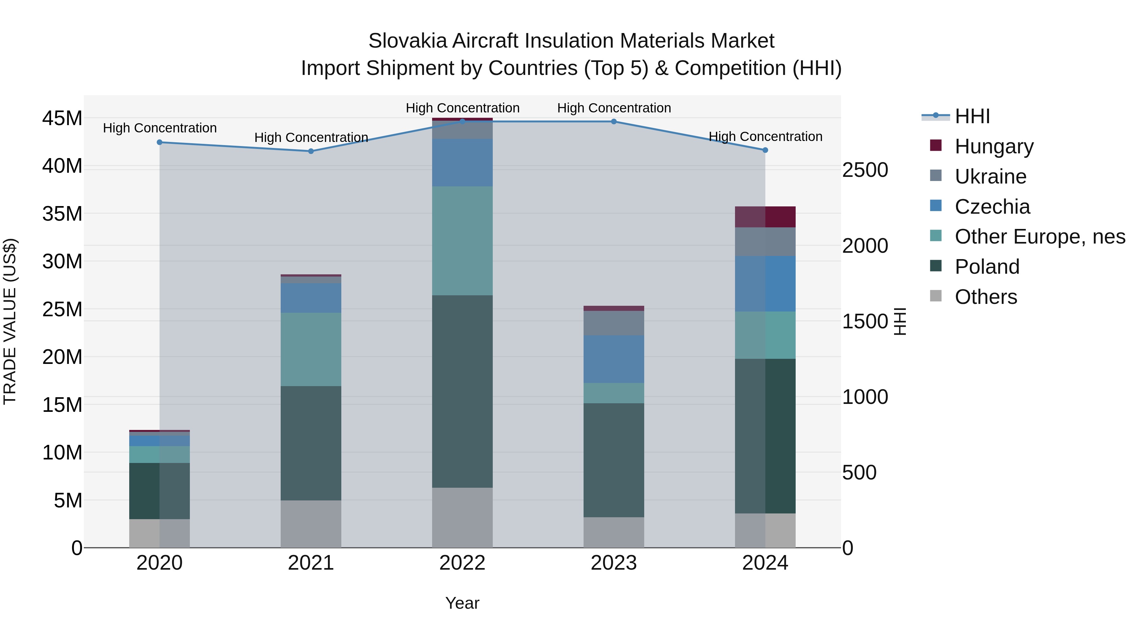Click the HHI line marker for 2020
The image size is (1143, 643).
[160, 143]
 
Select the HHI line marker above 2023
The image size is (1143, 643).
[614, 122]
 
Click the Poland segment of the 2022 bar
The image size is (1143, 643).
[462, 392]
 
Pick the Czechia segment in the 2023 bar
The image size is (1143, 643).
[614, 359]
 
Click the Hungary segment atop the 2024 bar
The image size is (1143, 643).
[765, 217]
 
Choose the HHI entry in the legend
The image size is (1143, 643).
[972, 116]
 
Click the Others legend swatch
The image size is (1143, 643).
[935, 296]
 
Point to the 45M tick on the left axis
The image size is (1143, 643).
[62, 118]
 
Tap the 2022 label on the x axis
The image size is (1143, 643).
[462, 563]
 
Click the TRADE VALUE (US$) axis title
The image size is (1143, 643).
[10, 321]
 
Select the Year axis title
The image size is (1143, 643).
[462, 603]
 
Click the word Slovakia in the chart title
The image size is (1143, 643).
[407, 41]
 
